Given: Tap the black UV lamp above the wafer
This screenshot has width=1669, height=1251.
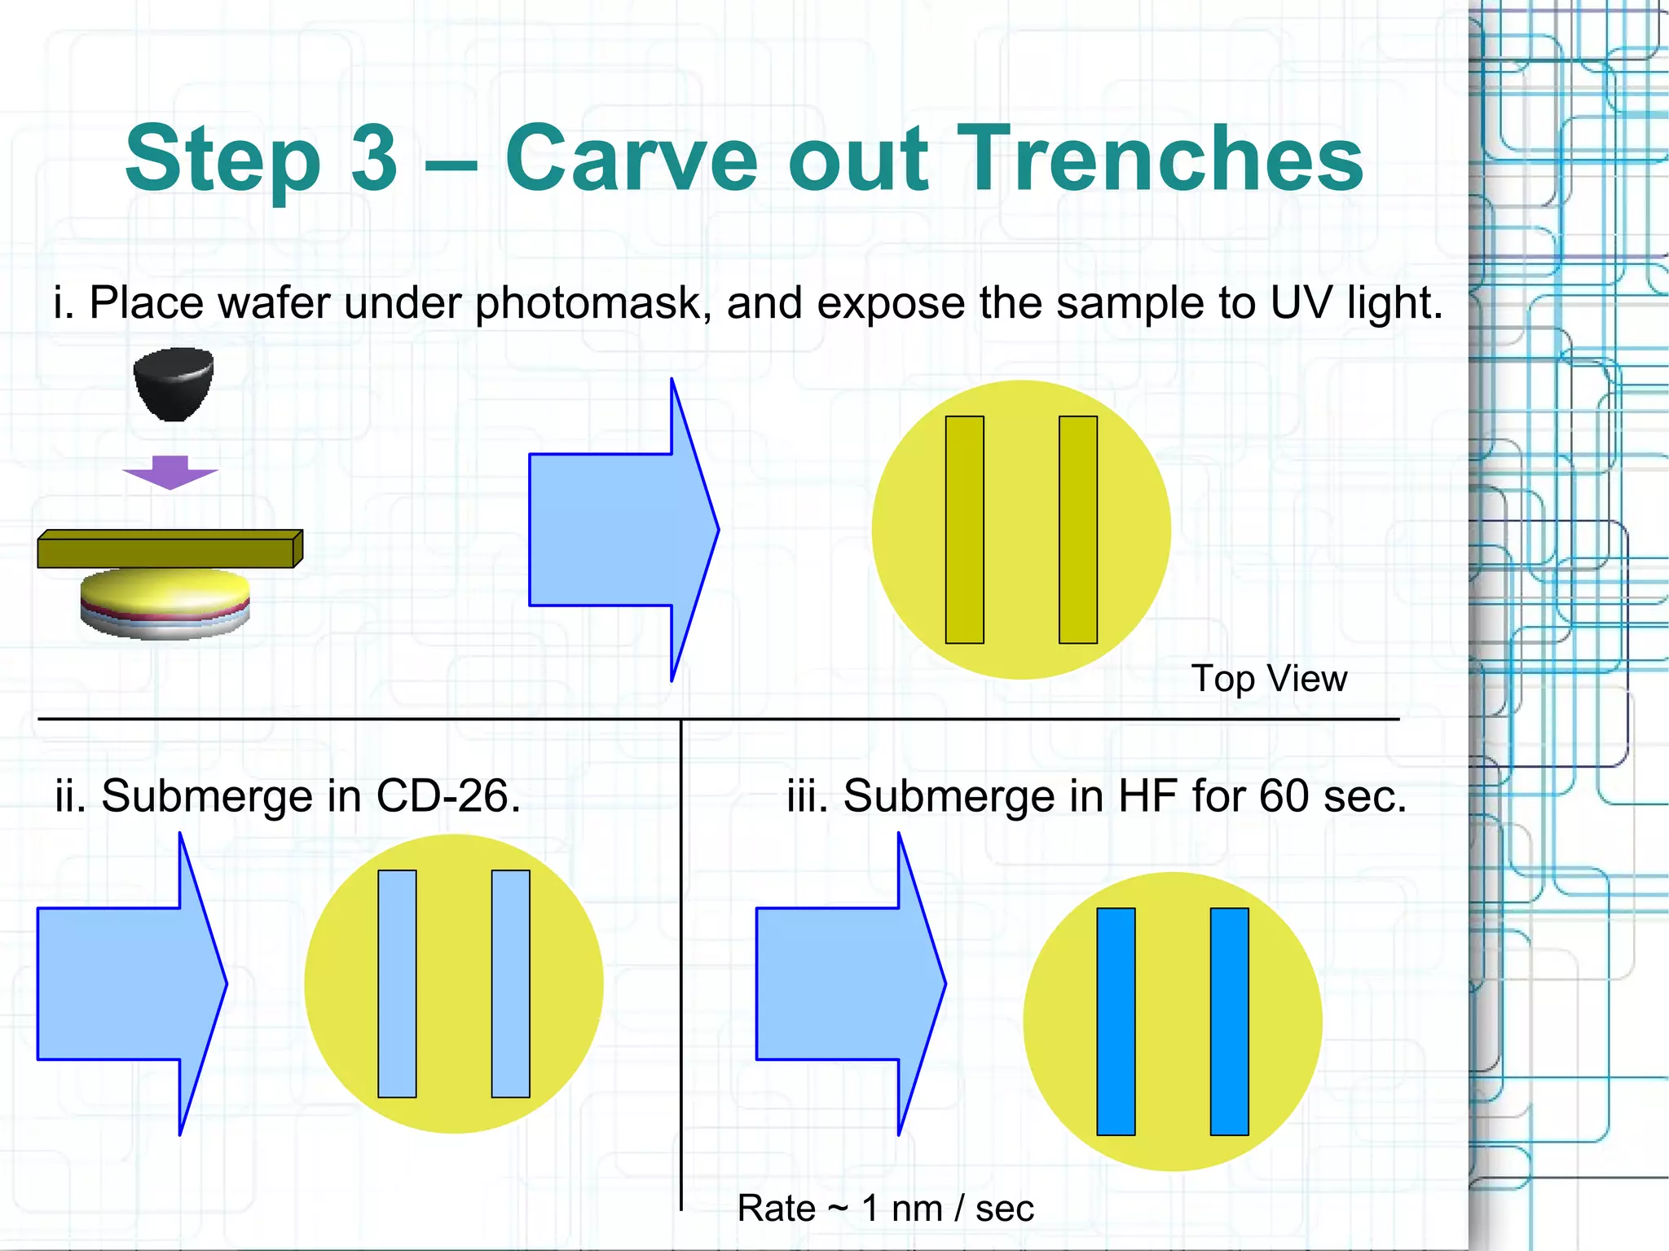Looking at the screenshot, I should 174,384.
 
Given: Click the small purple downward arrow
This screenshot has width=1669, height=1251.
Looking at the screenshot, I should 170,472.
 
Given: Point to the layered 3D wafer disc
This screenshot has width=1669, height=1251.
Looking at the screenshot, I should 165,604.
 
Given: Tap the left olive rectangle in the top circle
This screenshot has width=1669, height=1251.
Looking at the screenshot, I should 964,530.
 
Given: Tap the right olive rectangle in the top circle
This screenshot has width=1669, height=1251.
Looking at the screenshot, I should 1077,530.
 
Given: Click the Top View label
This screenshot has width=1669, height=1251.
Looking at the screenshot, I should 1269,678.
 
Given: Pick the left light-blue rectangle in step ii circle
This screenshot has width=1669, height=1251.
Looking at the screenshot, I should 397,984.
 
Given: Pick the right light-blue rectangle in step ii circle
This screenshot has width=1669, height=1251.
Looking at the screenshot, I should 510,984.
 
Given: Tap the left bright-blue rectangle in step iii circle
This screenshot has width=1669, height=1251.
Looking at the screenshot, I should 1116,1021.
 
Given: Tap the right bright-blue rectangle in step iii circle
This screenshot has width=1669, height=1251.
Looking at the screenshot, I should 1229,1021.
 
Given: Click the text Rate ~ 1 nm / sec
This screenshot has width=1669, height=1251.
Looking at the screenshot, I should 886,1208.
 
